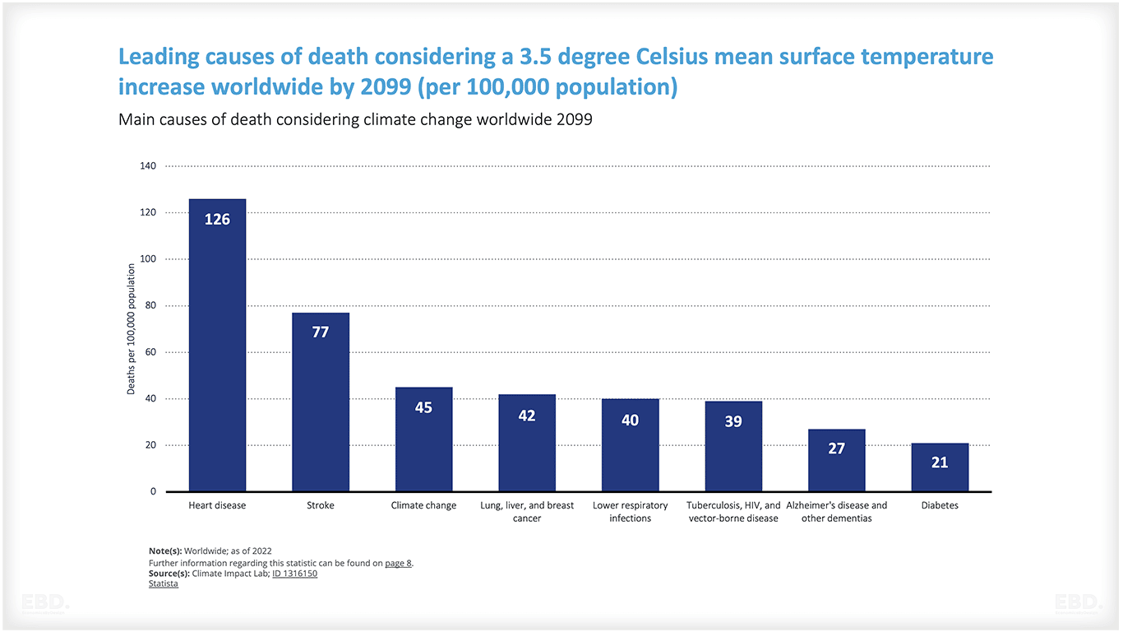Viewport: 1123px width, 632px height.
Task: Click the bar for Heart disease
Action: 217,346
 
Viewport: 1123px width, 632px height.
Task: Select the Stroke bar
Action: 321,402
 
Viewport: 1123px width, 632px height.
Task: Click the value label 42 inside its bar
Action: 527,416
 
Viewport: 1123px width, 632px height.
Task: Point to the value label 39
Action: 733,421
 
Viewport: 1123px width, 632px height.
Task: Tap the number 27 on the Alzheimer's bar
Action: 836,449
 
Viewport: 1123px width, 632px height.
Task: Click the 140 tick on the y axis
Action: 148,166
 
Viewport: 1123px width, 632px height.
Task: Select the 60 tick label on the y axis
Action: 150,352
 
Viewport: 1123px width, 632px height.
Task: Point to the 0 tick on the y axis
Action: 153,492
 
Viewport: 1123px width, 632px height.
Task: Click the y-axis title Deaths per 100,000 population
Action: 132,329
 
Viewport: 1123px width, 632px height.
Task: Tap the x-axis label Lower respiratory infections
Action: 630,512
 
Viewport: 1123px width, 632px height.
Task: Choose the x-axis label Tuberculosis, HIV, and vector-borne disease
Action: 733,512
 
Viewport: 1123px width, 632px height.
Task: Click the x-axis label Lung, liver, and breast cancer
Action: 527,512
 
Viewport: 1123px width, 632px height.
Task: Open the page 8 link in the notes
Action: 398,563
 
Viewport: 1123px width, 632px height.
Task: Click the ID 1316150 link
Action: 294,574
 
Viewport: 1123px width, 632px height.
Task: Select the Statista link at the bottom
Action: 163,584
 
